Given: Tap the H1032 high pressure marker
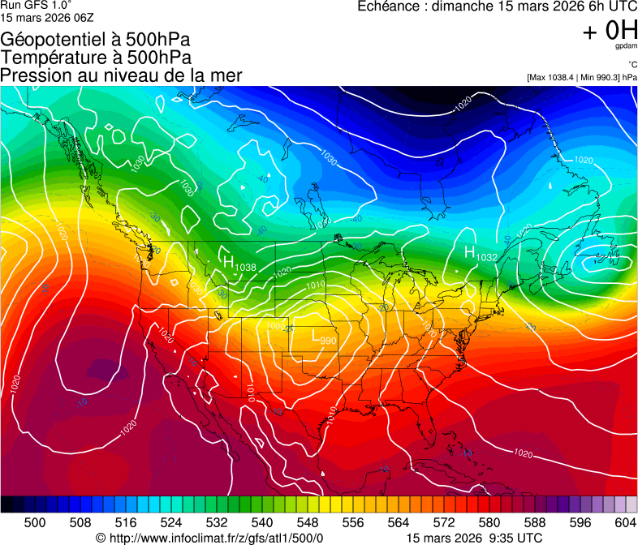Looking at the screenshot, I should pyautogui.click(x=480, y=255).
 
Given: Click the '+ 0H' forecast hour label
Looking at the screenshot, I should pyautogui.click(x=610, y=31).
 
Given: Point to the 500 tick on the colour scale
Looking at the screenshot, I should pyautogui.click(x=35, y=522).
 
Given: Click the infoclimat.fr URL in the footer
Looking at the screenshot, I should pyautogui.click(x=216, y=538).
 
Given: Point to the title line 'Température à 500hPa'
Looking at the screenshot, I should pyautogui.click(x=96, y=58).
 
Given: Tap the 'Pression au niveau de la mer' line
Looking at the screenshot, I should pyautogui.click(x=121, y=75).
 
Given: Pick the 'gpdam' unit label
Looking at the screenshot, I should pyautogui.click(x=626, y=46).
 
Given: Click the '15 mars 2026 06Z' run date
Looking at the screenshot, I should pyautogui.click(x=47, y=17).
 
